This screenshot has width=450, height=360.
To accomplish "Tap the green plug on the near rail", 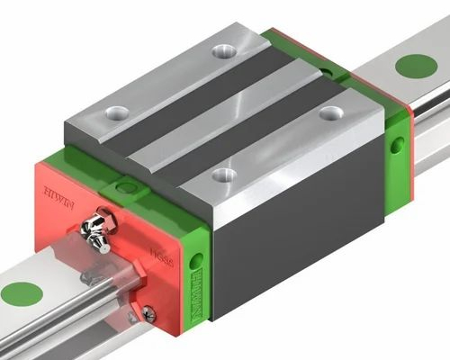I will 22,293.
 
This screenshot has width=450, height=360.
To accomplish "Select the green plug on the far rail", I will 415,66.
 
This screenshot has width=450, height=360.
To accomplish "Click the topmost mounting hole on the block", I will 220,51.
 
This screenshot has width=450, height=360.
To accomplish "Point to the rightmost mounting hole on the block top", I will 331,113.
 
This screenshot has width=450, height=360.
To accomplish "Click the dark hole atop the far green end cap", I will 322,67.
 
